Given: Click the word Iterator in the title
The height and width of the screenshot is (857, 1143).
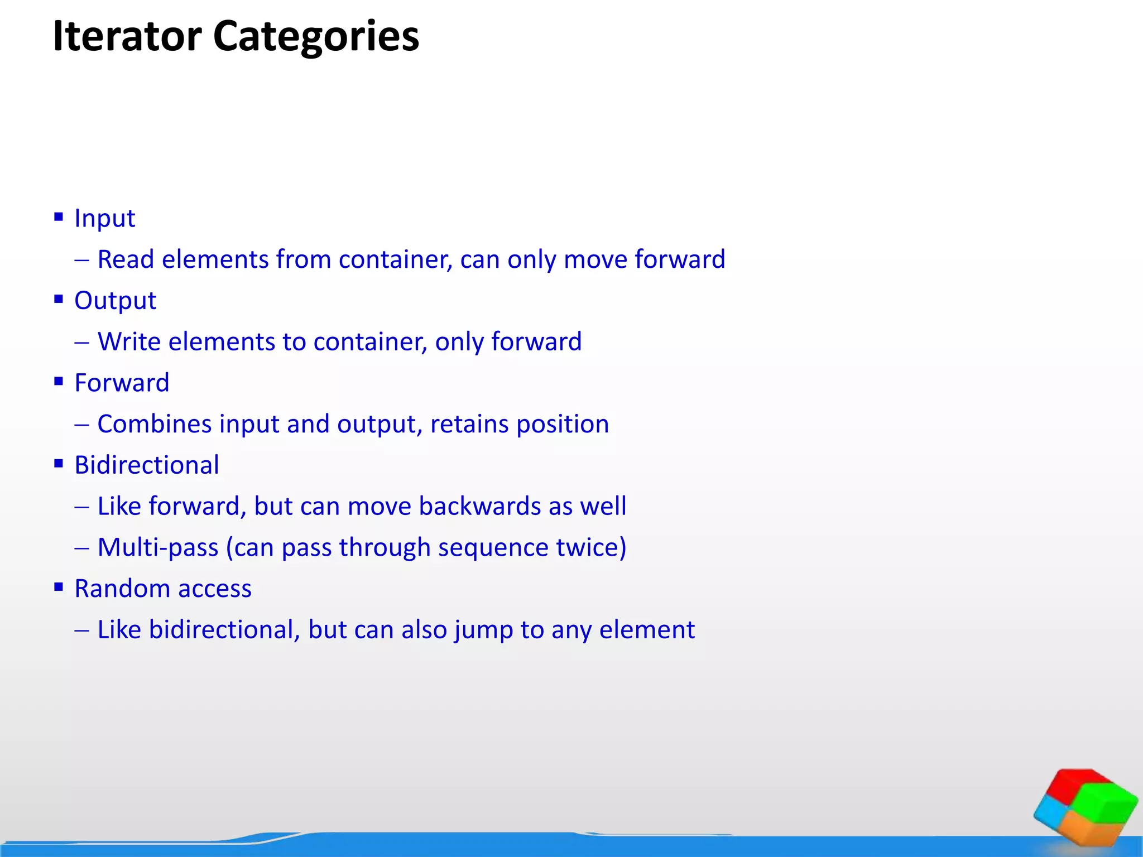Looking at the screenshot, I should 127,36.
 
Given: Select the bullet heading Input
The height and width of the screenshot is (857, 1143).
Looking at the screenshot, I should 104,218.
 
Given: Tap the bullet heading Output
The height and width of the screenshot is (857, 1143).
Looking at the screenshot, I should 115,301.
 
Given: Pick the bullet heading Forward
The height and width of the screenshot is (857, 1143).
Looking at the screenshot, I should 122,383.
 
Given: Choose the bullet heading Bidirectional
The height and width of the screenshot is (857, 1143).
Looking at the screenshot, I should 147,465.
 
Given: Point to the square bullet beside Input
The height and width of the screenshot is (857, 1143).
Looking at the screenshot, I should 59,217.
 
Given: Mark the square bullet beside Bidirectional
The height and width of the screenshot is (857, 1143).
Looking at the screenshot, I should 59,464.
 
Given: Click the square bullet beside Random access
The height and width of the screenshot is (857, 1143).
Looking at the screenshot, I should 59,587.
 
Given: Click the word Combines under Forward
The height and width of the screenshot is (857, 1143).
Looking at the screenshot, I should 155,424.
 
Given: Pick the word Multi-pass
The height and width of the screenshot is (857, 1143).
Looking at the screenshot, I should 158,548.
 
